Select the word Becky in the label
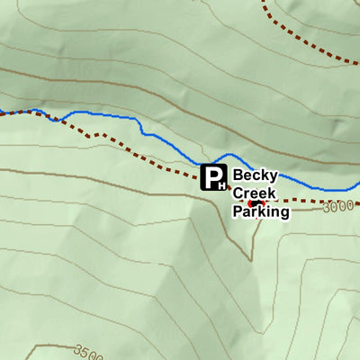[255, 175]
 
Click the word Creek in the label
[255, 193]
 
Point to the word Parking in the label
[261, 212]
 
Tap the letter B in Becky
[238, 175]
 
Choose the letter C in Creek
[238, 193]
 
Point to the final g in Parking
[284, 214]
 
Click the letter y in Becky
[273, 177]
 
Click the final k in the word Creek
[273, 193]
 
